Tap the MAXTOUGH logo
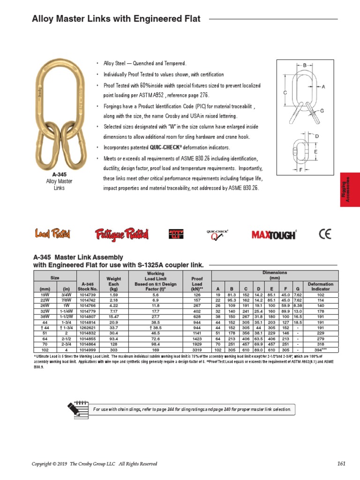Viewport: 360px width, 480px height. (x=274, y=234)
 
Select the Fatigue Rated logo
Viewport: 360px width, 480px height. (x=121, y=233)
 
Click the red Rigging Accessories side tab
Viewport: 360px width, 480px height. (x=350, y=189)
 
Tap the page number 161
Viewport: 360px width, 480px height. (x=341, y=464)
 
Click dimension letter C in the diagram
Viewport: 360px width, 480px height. (x=285, y=94)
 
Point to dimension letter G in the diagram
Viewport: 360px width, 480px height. (x=322, y=111)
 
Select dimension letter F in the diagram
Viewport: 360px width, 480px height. (x=300, y=170)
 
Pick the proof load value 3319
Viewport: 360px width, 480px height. (x=197, y=350)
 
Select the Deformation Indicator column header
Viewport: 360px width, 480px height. (x=321, y=286)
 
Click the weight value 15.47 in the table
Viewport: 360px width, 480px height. (x=114, y=316)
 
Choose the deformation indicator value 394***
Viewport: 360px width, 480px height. (x=321, y=350)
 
